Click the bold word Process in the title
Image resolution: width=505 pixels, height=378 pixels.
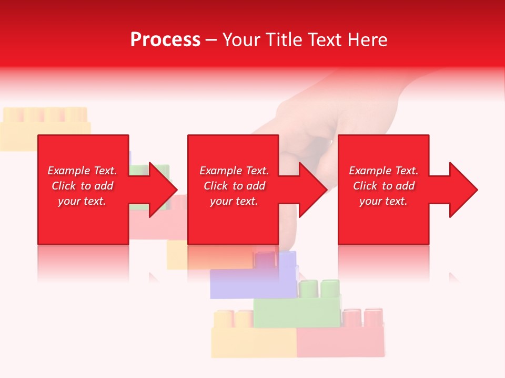[165, 40]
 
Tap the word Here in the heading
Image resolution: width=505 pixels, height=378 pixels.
[368, 40]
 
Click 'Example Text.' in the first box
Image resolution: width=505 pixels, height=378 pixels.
[82, 171]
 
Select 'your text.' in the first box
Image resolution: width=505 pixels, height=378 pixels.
[82, 201]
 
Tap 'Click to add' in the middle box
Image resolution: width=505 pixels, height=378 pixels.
[234, 186]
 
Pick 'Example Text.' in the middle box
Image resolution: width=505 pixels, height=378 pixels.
[234, 171]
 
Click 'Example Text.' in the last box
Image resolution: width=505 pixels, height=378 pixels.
[383, 171]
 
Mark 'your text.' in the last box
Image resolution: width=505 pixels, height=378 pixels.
[383, 201]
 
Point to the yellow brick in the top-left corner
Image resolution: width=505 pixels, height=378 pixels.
[45, 126]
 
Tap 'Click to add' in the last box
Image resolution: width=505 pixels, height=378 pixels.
[383, 186]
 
